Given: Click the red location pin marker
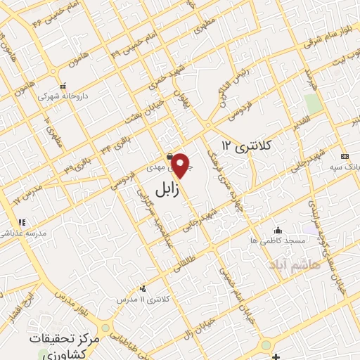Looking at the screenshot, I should [181, 165].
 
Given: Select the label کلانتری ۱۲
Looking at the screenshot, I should [245, 145].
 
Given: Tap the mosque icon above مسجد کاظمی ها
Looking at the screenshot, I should [278, 230].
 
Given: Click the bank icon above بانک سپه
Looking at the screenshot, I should [344, 156].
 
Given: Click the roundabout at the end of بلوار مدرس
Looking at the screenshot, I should [105, 328].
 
